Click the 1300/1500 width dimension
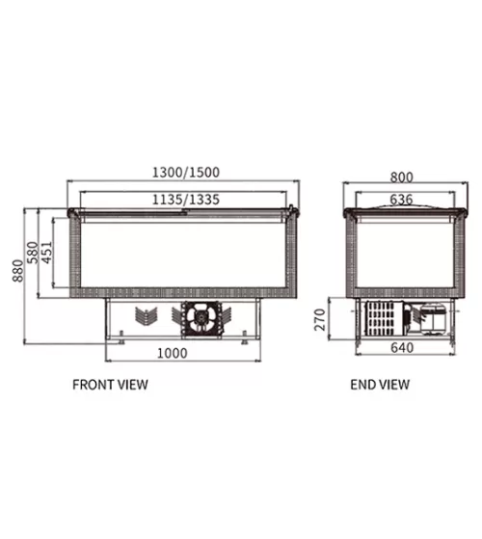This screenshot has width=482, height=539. click(x=185, y=173)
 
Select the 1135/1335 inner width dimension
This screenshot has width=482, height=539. click(x=185, y=200)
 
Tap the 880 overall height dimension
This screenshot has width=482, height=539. click(x=18, y=271)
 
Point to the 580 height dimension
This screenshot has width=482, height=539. click(x=33, y=253)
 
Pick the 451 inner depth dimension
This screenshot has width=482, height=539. click(x=47, y=253)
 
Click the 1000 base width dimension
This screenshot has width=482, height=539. click(x=173, y=353)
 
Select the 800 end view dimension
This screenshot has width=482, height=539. click(x=401, y=177)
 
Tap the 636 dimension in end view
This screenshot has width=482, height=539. click(x=401, y=200)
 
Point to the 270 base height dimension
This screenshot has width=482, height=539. click(x=320, y=320)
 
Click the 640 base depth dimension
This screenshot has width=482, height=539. click(x=402, y=348)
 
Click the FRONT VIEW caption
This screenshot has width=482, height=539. click(x=110, y=385)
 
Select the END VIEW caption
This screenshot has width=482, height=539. click(x=380, y=385)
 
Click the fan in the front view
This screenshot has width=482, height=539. click(x=201, y=318)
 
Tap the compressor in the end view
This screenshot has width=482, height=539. click(x=433, y=319)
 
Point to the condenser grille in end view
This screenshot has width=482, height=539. click(x=384, y=318)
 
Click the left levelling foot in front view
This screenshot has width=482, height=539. click(x=121, y=337)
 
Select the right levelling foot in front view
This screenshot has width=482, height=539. click(x=244, y=337)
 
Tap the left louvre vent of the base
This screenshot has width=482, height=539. click(x=146, y=316)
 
